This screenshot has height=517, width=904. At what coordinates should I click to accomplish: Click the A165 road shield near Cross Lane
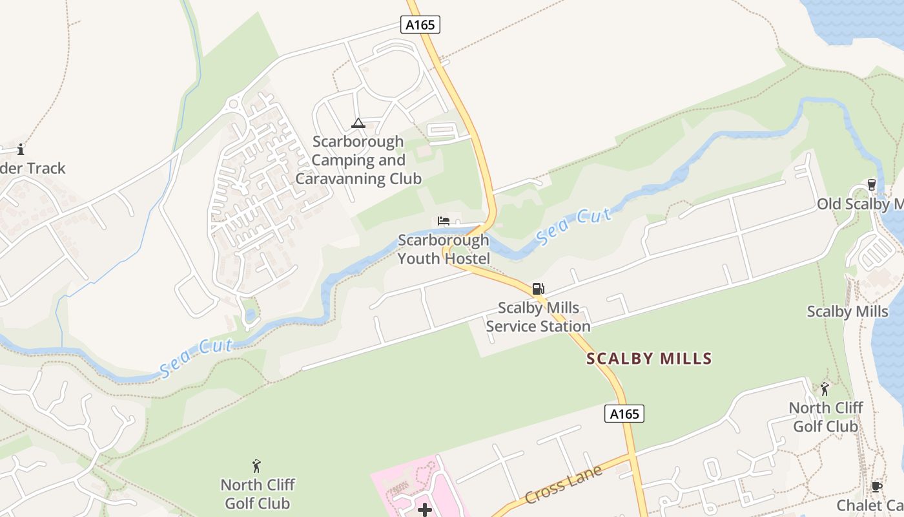[624, 414]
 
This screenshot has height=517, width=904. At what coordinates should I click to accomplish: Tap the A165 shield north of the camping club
[420, 25]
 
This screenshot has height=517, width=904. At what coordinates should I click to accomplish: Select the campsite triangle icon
[358, 123]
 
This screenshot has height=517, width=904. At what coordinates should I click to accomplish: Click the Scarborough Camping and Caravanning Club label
[358, 160]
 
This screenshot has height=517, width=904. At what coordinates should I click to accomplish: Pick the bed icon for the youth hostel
[444, 221]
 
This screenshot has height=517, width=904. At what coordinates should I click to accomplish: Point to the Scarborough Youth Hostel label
[444, 249]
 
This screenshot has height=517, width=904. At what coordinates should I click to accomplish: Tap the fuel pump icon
[538, 289]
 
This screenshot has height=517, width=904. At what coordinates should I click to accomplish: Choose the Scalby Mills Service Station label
[538, 317]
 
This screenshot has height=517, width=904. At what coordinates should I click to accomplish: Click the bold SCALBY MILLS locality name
[649, 359]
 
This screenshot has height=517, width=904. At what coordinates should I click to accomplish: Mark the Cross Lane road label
[563, 485]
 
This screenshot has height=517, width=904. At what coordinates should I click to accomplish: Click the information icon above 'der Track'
[21, 150]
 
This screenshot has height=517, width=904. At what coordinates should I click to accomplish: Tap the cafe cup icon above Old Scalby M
[872, 185]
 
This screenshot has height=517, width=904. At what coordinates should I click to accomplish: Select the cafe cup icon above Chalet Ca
[876, 487]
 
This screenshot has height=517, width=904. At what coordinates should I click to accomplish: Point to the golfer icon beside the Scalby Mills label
[825, 389]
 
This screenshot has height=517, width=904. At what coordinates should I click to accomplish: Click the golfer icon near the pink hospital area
[256, 465]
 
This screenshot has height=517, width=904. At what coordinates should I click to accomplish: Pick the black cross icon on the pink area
[425, 511]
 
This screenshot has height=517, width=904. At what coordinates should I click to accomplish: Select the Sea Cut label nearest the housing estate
[196, 357]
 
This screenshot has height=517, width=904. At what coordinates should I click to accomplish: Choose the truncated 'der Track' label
[32, 169]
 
